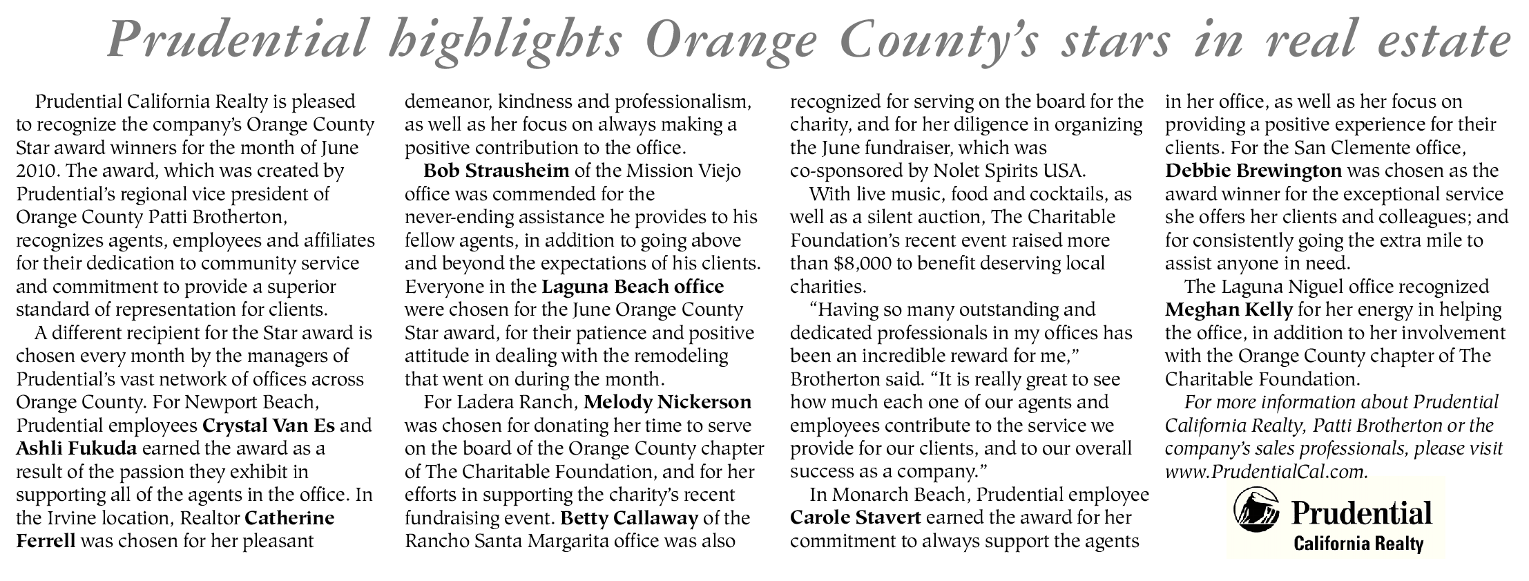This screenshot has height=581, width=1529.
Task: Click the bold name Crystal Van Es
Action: [x=269, y=425]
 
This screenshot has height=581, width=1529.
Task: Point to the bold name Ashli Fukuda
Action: [x=77, y=448]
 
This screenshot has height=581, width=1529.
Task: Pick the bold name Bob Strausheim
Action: [x=497, y=170]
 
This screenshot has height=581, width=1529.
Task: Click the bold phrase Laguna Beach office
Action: [x=633, y=286]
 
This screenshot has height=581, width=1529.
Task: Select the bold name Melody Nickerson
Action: [x=667, y=401]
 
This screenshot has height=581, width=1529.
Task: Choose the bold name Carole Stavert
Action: [x=855, y=517]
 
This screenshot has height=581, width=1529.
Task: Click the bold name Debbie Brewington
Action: [x=1253, y=170]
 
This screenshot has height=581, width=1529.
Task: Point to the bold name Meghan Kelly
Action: [x=1228, y=309]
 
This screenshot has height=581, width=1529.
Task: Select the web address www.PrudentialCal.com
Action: [x=1265, y=471]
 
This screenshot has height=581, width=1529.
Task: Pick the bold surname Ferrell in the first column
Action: [x=46, y=541]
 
